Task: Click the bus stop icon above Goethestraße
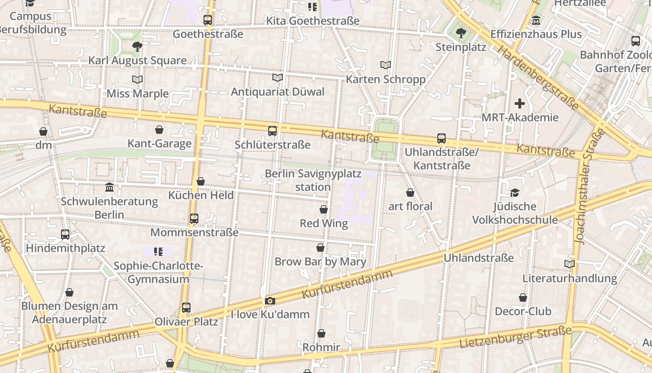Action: [208, 20]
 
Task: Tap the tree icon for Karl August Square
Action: [137, 46]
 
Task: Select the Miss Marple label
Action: [137, 94]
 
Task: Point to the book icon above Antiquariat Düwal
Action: [278, 77]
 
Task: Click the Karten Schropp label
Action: [386, 79]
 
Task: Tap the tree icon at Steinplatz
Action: [461, 33]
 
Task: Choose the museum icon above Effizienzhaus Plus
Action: [536, 21]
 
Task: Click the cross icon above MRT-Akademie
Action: [520, 104]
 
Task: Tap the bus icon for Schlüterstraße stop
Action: [272, 131]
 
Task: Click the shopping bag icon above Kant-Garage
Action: [159, 130]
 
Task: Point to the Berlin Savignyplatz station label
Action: [313, 180]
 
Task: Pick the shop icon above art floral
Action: [410, 193]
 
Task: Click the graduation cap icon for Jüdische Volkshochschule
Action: [515, 193]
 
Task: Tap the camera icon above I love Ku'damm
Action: [270, 301]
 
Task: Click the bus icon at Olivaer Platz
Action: [186, 308]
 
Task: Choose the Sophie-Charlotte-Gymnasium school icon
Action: [158, 252]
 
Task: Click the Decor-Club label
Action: [523, 311]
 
